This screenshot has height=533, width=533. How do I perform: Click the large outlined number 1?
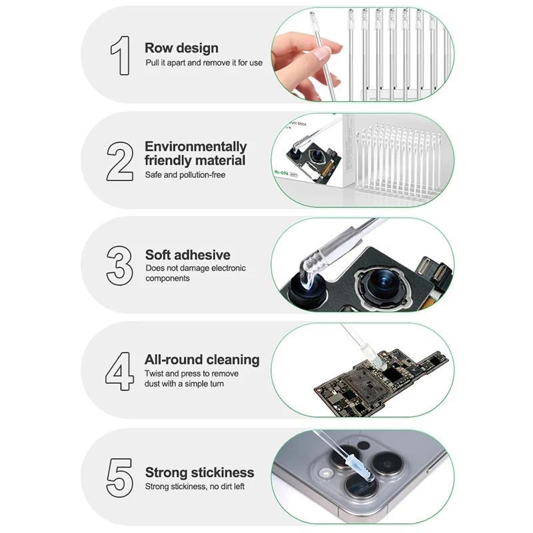click(x=120, y=55)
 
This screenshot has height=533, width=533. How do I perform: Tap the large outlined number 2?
click(x=120, y=160)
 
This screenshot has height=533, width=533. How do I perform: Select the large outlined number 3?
click(x=120, y=265)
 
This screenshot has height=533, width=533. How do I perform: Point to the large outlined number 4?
click(x=120, y=371)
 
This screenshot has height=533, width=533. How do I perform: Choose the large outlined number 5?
click(x=120, y=476)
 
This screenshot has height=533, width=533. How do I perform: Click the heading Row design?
click(x=181, y=48)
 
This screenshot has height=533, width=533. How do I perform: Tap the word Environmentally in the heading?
click(x=195, y=147)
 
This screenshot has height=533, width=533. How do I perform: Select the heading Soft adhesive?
click(x=188, y=255)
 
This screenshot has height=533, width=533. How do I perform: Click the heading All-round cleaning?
click(x=202, y=360)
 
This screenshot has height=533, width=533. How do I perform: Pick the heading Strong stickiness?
click(x=200, y=472)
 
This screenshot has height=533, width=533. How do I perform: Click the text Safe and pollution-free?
click(x=185, y=175)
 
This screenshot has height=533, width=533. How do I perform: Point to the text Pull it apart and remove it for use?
click(x=204, y=63)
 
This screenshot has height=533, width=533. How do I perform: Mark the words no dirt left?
click(x=229, y=486)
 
